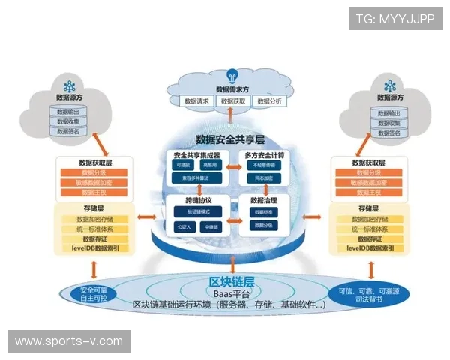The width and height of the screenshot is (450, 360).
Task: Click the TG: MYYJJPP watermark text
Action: (394, 18)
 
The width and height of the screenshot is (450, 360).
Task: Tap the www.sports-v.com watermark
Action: (68, 341)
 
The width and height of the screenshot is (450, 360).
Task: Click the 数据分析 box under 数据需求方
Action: (269, 100)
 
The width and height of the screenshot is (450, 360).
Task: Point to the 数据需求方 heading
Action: (232, 88)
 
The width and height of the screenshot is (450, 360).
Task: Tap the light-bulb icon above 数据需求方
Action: (232, 75)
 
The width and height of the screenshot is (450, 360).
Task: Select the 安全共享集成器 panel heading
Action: (197, 155)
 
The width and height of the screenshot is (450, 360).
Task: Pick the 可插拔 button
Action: (184, 165)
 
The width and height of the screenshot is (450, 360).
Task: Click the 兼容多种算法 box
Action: (196, 178)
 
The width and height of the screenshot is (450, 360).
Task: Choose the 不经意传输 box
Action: (263, 165)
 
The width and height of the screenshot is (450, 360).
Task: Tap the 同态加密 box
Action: (263, 179)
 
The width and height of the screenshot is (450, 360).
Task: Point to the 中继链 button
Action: (211, 226)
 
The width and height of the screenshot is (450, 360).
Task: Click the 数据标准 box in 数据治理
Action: (263, 212)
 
